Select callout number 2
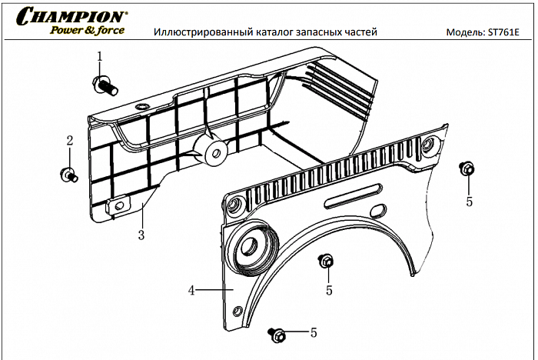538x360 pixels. tap(69, 141)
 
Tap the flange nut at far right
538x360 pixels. tap(466, 169)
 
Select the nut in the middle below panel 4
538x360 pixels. tap(326, 262)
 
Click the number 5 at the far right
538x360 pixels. tap(469, 202)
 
